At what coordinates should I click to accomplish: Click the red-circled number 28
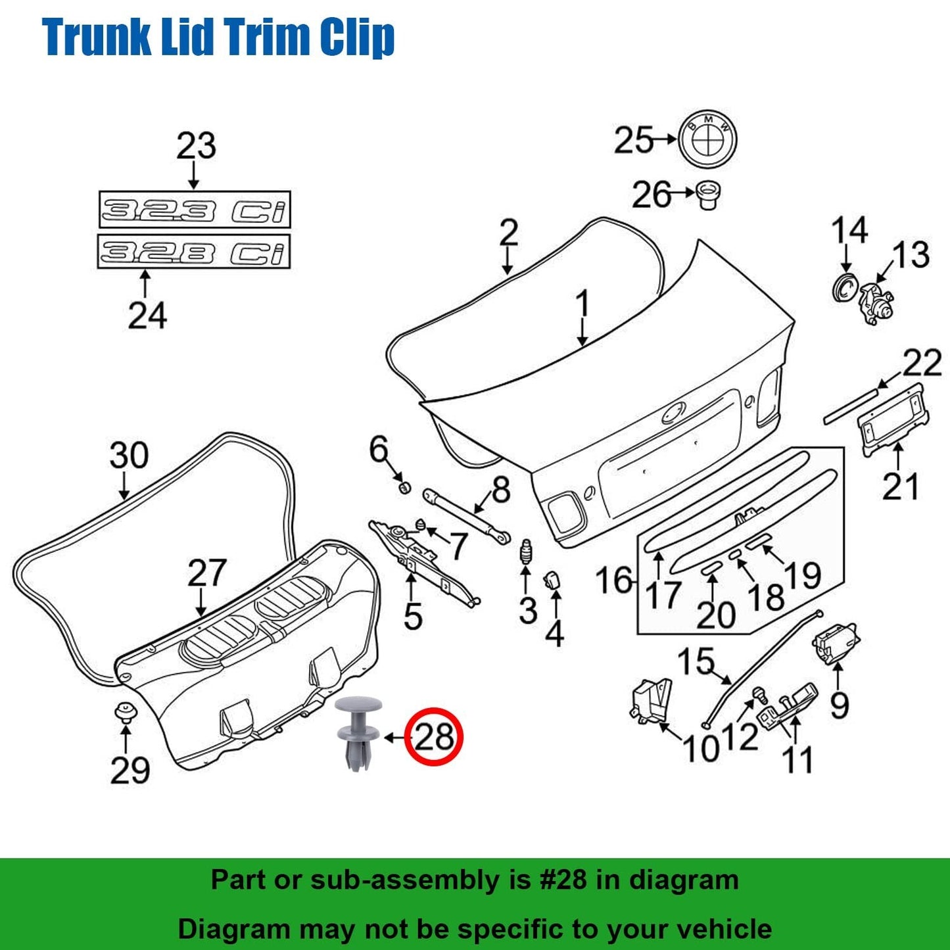[x=434, y=737]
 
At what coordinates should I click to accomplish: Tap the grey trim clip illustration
[x=358, y=733]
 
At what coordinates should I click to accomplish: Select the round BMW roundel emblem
[x=708, y=139]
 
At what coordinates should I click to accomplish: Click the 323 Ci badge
[x=195, y=210]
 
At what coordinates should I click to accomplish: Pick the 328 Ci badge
[x=194, y=252]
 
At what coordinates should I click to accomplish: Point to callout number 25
[x=634, y=140]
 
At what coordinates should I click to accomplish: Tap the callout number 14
[x=849, y=231]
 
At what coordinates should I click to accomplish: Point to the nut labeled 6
[x=405, y=487]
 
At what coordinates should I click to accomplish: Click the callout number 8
[x=501, y=490]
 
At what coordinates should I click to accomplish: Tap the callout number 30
[x=129, y=455]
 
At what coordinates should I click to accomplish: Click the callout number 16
[x=615, y=581]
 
